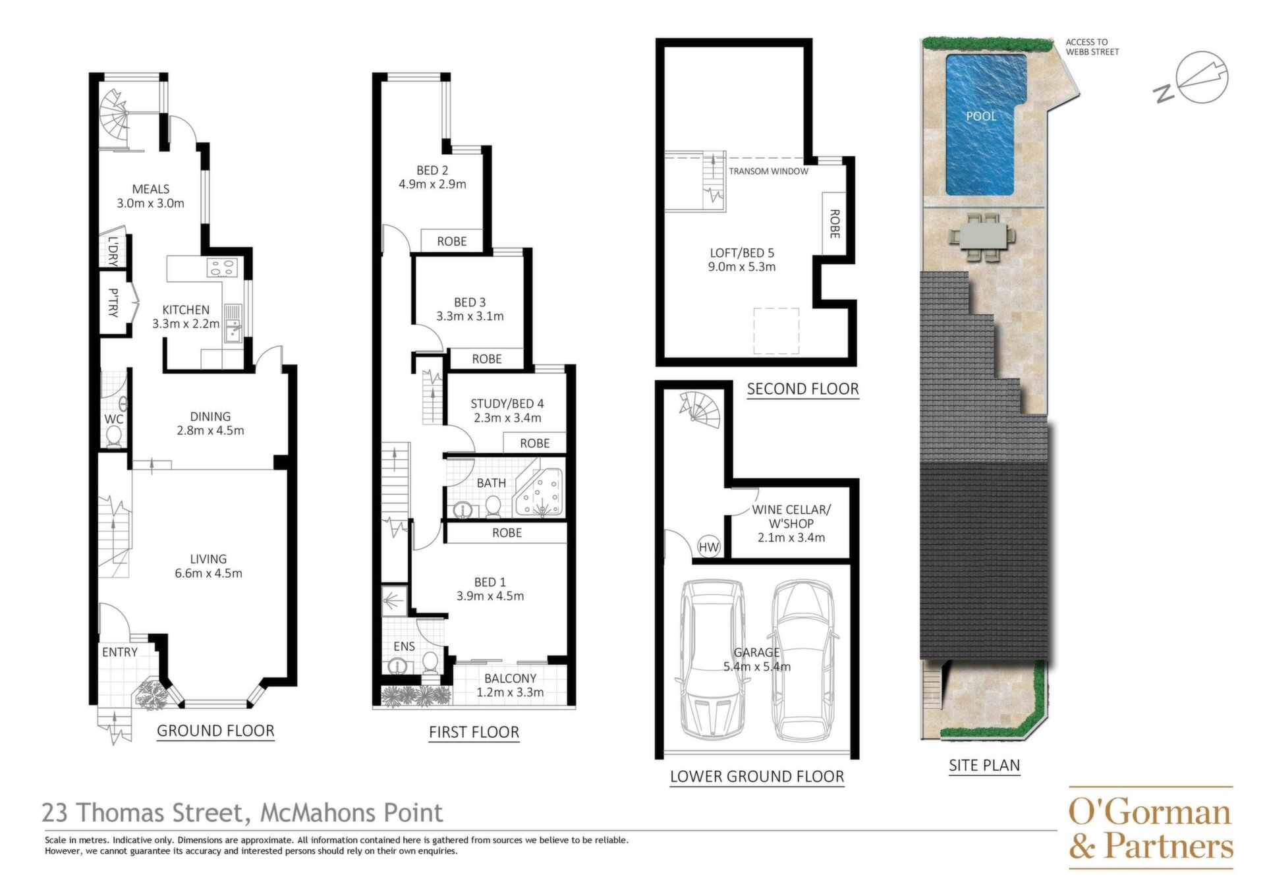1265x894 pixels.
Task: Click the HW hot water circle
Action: coord(709,547)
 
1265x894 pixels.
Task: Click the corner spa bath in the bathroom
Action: coord(539,493)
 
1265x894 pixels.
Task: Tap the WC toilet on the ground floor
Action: coord(114,436)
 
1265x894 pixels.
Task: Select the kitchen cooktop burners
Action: coord(221,268)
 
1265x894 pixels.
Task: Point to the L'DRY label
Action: coord(113,251)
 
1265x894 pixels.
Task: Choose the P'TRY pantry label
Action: coord(113,302)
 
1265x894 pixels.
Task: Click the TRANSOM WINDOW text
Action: coord(768,171)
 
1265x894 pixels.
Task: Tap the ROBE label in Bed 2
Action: coord(452,242)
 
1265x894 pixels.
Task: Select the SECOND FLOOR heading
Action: coord(802,389)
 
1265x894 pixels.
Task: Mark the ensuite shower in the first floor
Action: coord(394,600)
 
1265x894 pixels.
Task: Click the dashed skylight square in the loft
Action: coord(776,331)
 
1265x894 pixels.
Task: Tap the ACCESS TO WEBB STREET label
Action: coord(1092,47)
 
